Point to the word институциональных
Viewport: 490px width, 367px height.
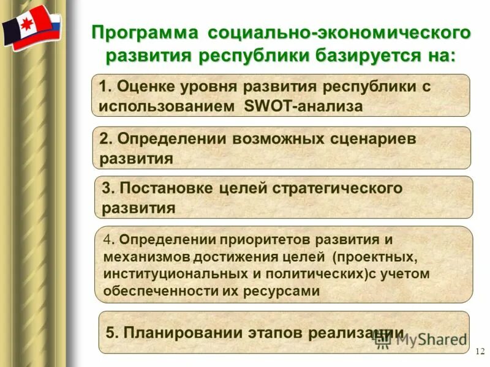tap(170, 273)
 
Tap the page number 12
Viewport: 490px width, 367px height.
tap(479, 351)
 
